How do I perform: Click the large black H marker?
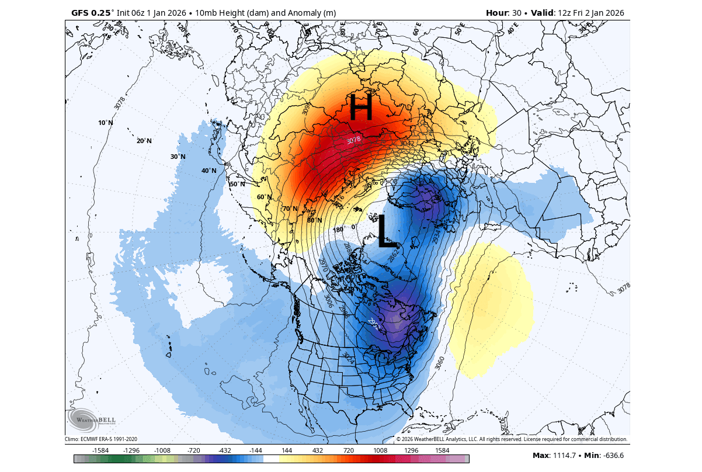[x=360, y=108]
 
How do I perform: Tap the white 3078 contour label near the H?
[x=353, y=140]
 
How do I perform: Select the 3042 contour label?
[x=407, y=143]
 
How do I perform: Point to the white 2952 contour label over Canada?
[x=374, y=324]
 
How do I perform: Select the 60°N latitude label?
[x=264, y=197]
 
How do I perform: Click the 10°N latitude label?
[x=106, y=123]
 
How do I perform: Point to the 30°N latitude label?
[x=178, y=157]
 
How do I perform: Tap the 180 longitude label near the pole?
[x=338, y=230]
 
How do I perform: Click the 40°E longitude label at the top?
[x=513, y=28]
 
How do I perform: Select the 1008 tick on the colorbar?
[x=380, y=450]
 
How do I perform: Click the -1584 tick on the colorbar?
[x=101, y=450]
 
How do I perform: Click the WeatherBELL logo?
[x=92, y=419]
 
